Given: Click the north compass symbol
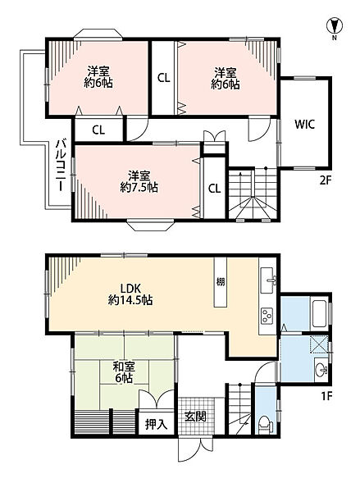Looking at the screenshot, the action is pos(335,26).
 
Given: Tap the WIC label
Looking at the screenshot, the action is pos(304,125).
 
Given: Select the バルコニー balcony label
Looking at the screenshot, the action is pos(62,166).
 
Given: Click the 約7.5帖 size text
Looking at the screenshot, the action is pos(139,187).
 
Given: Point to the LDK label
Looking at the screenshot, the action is pos(130,288).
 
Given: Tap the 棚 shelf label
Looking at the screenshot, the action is pos(221,281).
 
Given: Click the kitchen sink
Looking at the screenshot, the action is pos(268,280).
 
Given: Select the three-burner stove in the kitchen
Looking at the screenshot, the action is pos(267,316).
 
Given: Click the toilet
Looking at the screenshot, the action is pos(265,424).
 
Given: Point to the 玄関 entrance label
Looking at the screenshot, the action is pos(195,417).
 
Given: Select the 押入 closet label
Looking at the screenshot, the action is pos(156,424).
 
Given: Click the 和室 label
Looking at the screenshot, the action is pos(124,367).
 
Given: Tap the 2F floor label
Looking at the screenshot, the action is pos(326,180).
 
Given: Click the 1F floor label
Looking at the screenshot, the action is pos(326,396).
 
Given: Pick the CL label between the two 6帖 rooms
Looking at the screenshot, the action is pos(163,78).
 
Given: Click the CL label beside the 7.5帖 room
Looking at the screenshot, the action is pos(214,189).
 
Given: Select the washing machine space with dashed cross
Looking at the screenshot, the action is pos(319,344).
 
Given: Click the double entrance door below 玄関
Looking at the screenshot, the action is pos(195,449).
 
